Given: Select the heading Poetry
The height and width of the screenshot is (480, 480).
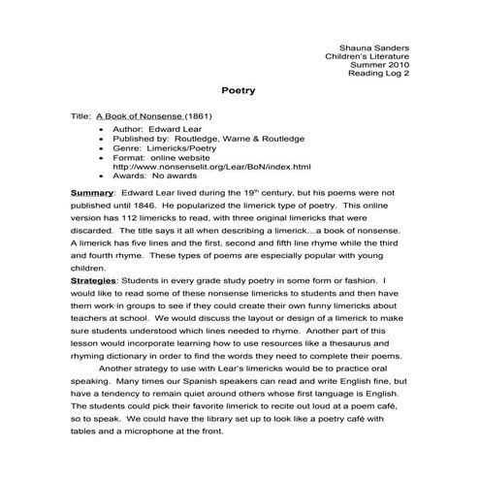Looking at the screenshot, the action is click(239, 91).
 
